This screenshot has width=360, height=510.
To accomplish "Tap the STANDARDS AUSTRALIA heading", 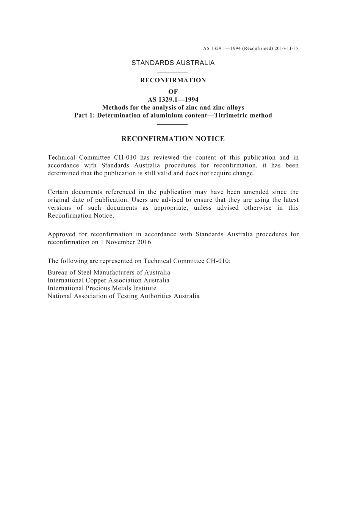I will click(173, 63).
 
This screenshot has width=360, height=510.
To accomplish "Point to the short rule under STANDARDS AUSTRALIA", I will click(172, 72).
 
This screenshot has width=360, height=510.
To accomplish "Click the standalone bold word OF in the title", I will click(173, 91).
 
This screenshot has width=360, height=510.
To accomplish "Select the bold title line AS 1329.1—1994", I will click(173, 99).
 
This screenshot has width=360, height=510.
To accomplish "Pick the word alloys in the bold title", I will click(235, 107).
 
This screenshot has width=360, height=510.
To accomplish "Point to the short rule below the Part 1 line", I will click(172, 124).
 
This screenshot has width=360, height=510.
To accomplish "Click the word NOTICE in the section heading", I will click(210, 139).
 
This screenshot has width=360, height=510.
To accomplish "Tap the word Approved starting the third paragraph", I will click(60, 234).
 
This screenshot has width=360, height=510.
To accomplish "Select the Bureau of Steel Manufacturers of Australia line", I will click(109, 272).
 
